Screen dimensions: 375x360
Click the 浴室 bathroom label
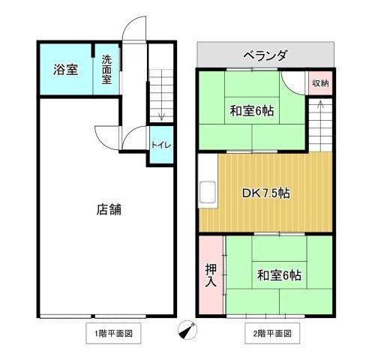(x=65, y=69)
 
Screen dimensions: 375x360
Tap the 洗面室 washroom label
(x=106, y=70)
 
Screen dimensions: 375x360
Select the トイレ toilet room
(x=161, y=145)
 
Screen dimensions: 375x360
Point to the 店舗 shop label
(x=109, y=209)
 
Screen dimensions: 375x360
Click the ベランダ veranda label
(x=265, y=55)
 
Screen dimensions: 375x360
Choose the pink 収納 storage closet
(x=320, y=83)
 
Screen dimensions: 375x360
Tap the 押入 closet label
(x=211, y=275)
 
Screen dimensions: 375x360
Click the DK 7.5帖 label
(x=266, y=193)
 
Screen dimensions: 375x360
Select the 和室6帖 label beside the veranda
(x=252, y=111)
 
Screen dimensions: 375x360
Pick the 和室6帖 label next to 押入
(x=279, y=275)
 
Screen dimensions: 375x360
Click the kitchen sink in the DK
(x=207, y=192)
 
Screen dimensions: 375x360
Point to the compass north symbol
(x=187, y=330)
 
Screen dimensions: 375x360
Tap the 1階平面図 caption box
(x=113, y=333)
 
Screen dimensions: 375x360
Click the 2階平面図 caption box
(x=272, y=333)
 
